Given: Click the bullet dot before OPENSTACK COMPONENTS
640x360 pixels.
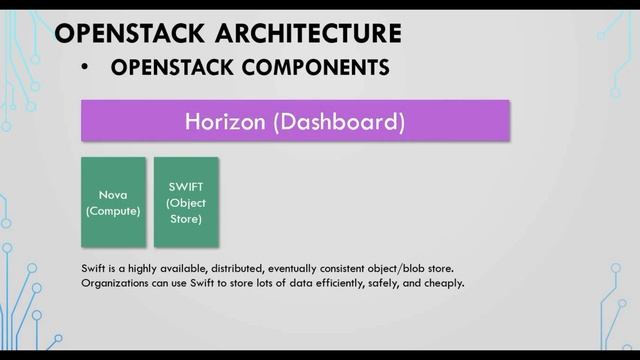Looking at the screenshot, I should [87, 67].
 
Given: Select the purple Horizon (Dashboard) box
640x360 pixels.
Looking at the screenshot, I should [295, 123].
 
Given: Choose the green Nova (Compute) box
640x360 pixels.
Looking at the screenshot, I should [113, 203].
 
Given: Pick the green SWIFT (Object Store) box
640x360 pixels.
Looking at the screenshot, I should [186, 202].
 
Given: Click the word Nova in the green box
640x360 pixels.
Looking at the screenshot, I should [113, 196].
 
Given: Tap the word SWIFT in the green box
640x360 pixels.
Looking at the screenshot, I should [186, 186].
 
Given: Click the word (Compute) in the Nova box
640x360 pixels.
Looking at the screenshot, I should [113, 211].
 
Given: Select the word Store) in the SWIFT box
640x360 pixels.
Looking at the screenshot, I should [186, 218].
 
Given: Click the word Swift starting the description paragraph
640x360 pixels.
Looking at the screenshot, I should [93, 267].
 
